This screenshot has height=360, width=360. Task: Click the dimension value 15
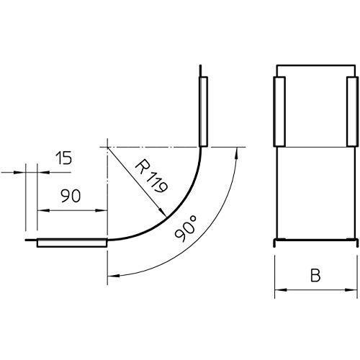(63, 158)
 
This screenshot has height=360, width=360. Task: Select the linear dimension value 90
(71, 196)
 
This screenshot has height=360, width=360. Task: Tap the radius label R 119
(151, 176)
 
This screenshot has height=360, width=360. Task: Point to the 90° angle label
(186, 228)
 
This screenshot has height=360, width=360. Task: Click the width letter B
(315, 275)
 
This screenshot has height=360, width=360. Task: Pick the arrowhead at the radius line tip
(163, 212)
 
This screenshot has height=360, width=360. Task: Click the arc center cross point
(107, 147)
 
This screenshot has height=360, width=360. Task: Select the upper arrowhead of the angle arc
(237, 153)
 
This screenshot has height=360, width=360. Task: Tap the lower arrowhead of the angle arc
(114, 276)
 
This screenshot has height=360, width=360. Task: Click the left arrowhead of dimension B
(280, 290)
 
